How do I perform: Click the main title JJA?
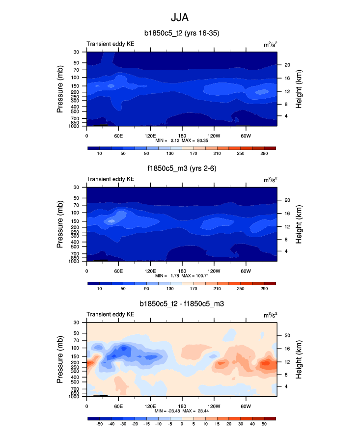tap(180, 18)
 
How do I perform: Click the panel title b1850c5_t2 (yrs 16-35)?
tap(181, 33)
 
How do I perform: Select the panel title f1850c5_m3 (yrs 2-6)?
tap(181, 169)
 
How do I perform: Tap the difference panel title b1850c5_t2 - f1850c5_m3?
tap(181, 304)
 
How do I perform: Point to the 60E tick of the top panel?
tap(118, 136)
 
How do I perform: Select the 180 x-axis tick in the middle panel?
tap(182, 271)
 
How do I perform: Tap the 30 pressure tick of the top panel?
tap(77, 52)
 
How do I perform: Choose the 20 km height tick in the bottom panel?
tap(287, 335)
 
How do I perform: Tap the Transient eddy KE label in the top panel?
tap(111, 44)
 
